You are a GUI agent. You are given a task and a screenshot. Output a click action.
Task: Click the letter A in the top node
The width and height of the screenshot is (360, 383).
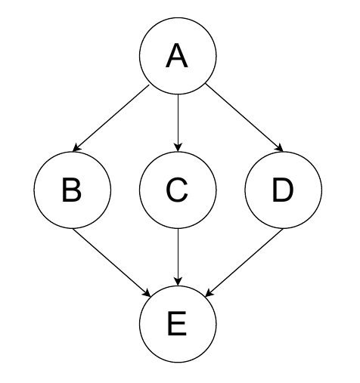click(177, 55)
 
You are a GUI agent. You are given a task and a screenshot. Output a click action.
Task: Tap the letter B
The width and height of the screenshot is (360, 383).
click(72, 190)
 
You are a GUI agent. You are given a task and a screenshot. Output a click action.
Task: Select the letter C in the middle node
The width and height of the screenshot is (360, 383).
click(177, 190)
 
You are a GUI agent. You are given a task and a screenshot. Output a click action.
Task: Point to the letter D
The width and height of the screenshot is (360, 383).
click(283, 190)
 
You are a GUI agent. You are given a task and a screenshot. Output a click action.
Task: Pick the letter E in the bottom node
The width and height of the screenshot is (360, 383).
click(177, 324)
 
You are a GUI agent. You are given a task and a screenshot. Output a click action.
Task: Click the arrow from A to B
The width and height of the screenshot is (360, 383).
click(111, 119)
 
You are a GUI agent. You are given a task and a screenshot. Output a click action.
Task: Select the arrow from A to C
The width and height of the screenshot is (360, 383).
click(178, 123)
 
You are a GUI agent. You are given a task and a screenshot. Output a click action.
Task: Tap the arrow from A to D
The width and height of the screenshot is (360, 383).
click(244, 118)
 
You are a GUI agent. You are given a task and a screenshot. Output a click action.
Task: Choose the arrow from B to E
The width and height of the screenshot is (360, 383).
click(111, 262)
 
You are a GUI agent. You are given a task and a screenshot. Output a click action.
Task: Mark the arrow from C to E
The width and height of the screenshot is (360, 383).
click(178, 257)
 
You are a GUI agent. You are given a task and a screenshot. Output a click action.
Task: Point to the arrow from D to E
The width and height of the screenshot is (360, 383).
click(244, 262)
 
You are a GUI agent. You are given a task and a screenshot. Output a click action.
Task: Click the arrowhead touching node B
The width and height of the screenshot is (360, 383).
click(76, 148)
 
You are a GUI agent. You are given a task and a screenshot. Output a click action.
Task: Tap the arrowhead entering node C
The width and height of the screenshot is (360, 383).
click(178, 147)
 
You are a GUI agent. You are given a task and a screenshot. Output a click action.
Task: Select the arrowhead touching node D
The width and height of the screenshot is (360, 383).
click(279, 148)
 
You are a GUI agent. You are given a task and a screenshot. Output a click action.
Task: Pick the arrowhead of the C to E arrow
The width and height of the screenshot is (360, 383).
click(178, 281)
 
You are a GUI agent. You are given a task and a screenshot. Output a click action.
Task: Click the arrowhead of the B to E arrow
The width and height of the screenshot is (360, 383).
click(147, 293)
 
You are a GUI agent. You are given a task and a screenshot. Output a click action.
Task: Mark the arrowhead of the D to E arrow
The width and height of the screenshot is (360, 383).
click(209, 293)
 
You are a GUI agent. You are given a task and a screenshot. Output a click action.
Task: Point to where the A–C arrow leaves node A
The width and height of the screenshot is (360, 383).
click(178, 94)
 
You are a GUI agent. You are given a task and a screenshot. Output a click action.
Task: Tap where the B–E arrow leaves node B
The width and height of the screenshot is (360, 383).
click(73, 228)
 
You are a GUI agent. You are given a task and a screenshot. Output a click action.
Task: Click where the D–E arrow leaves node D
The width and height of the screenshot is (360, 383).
click(284, 228)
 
